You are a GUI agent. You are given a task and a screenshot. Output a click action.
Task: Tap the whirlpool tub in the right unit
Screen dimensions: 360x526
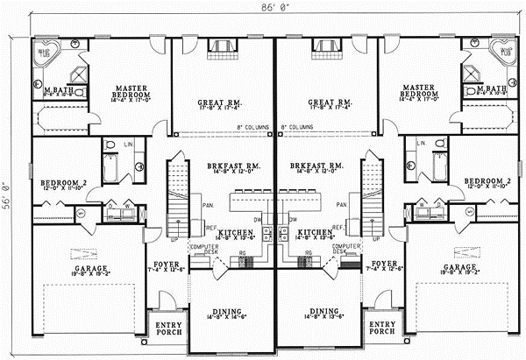[x=503, y=53]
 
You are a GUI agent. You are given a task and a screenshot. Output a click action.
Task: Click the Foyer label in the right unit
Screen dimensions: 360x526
[x=385, y=265]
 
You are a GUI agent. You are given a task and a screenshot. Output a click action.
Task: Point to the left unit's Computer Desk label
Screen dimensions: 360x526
[x=202, y=249]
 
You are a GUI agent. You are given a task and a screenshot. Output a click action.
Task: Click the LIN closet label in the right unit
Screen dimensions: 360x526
[x=420, y=141]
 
